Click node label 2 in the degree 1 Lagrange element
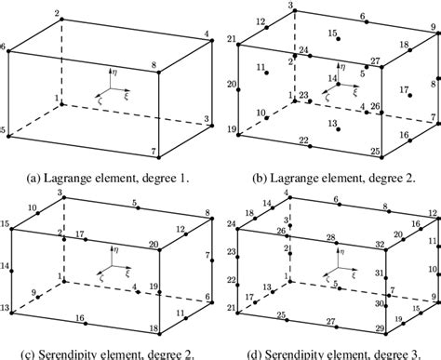(60, 13)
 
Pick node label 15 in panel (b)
(332, 33)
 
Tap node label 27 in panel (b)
(374, 62)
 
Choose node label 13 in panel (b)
(333, 124)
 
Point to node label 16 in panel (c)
(80, 319)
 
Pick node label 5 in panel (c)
(134, 204)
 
